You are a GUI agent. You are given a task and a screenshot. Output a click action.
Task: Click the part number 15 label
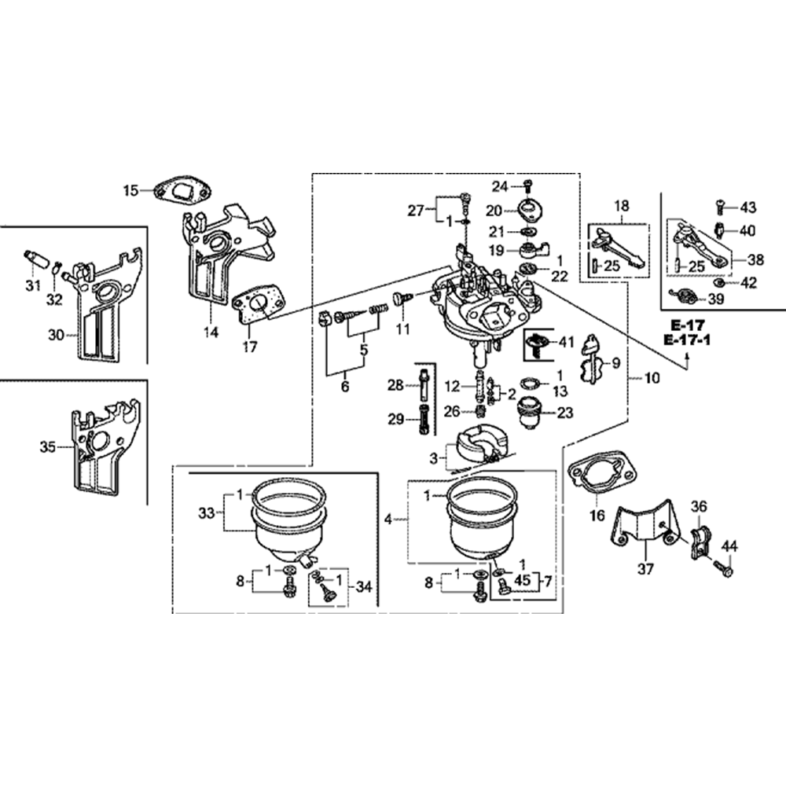coord(130,189)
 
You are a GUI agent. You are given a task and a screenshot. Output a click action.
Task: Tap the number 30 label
coord(55,335)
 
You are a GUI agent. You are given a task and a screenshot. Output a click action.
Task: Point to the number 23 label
coord(565,412)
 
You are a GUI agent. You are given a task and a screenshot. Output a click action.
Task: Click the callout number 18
coord(621,207)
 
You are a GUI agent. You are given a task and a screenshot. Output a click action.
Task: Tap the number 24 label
coord(500,185)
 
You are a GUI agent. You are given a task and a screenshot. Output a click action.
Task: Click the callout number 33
coord(206,513)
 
